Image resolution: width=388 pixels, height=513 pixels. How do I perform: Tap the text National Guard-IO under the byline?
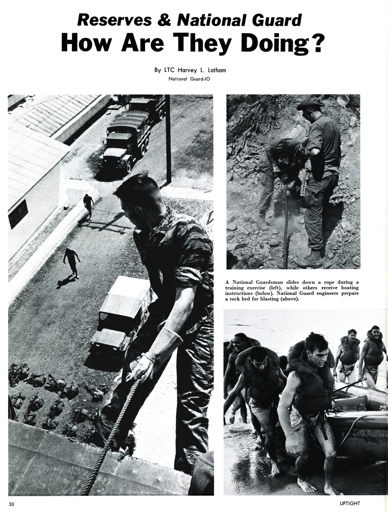(190, 78)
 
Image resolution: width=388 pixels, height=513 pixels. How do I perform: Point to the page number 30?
(11, 504)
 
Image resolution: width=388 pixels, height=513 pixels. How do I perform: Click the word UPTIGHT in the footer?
(346, 503)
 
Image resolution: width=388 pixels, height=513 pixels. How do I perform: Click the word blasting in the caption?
(270, 299)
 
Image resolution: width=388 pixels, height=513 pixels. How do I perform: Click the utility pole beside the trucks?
(168, 139)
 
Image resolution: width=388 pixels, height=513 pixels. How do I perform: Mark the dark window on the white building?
(18, 214)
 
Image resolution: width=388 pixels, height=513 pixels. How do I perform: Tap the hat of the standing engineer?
(310, 104)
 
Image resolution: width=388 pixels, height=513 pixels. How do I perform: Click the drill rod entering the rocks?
(285, 229)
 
